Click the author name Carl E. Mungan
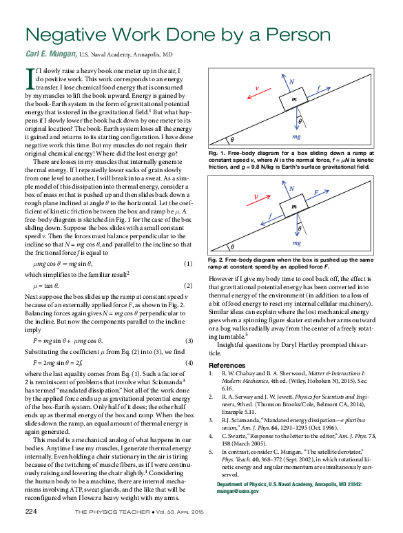click(52, 54)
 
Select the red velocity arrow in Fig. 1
click(259, 94)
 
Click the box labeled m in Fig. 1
click(293, 99)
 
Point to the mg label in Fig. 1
click(296, 136)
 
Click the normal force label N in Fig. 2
click(291, 188)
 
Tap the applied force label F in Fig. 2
click(316, 192)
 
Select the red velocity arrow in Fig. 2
click(258, 200)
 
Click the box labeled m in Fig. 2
click(293, 206)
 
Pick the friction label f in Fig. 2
click(270, 216)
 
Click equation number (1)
click(188, 264)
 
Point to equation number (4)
click(189, 363)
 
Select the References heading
click(227, 366)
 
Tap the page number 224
click(31, 511)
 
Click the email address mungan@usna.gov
click(238, 491)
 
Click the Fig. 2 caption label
click(215, 260)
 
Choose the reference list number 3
click(211, 420)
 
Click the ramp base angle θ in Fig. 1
click(232, 140)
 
